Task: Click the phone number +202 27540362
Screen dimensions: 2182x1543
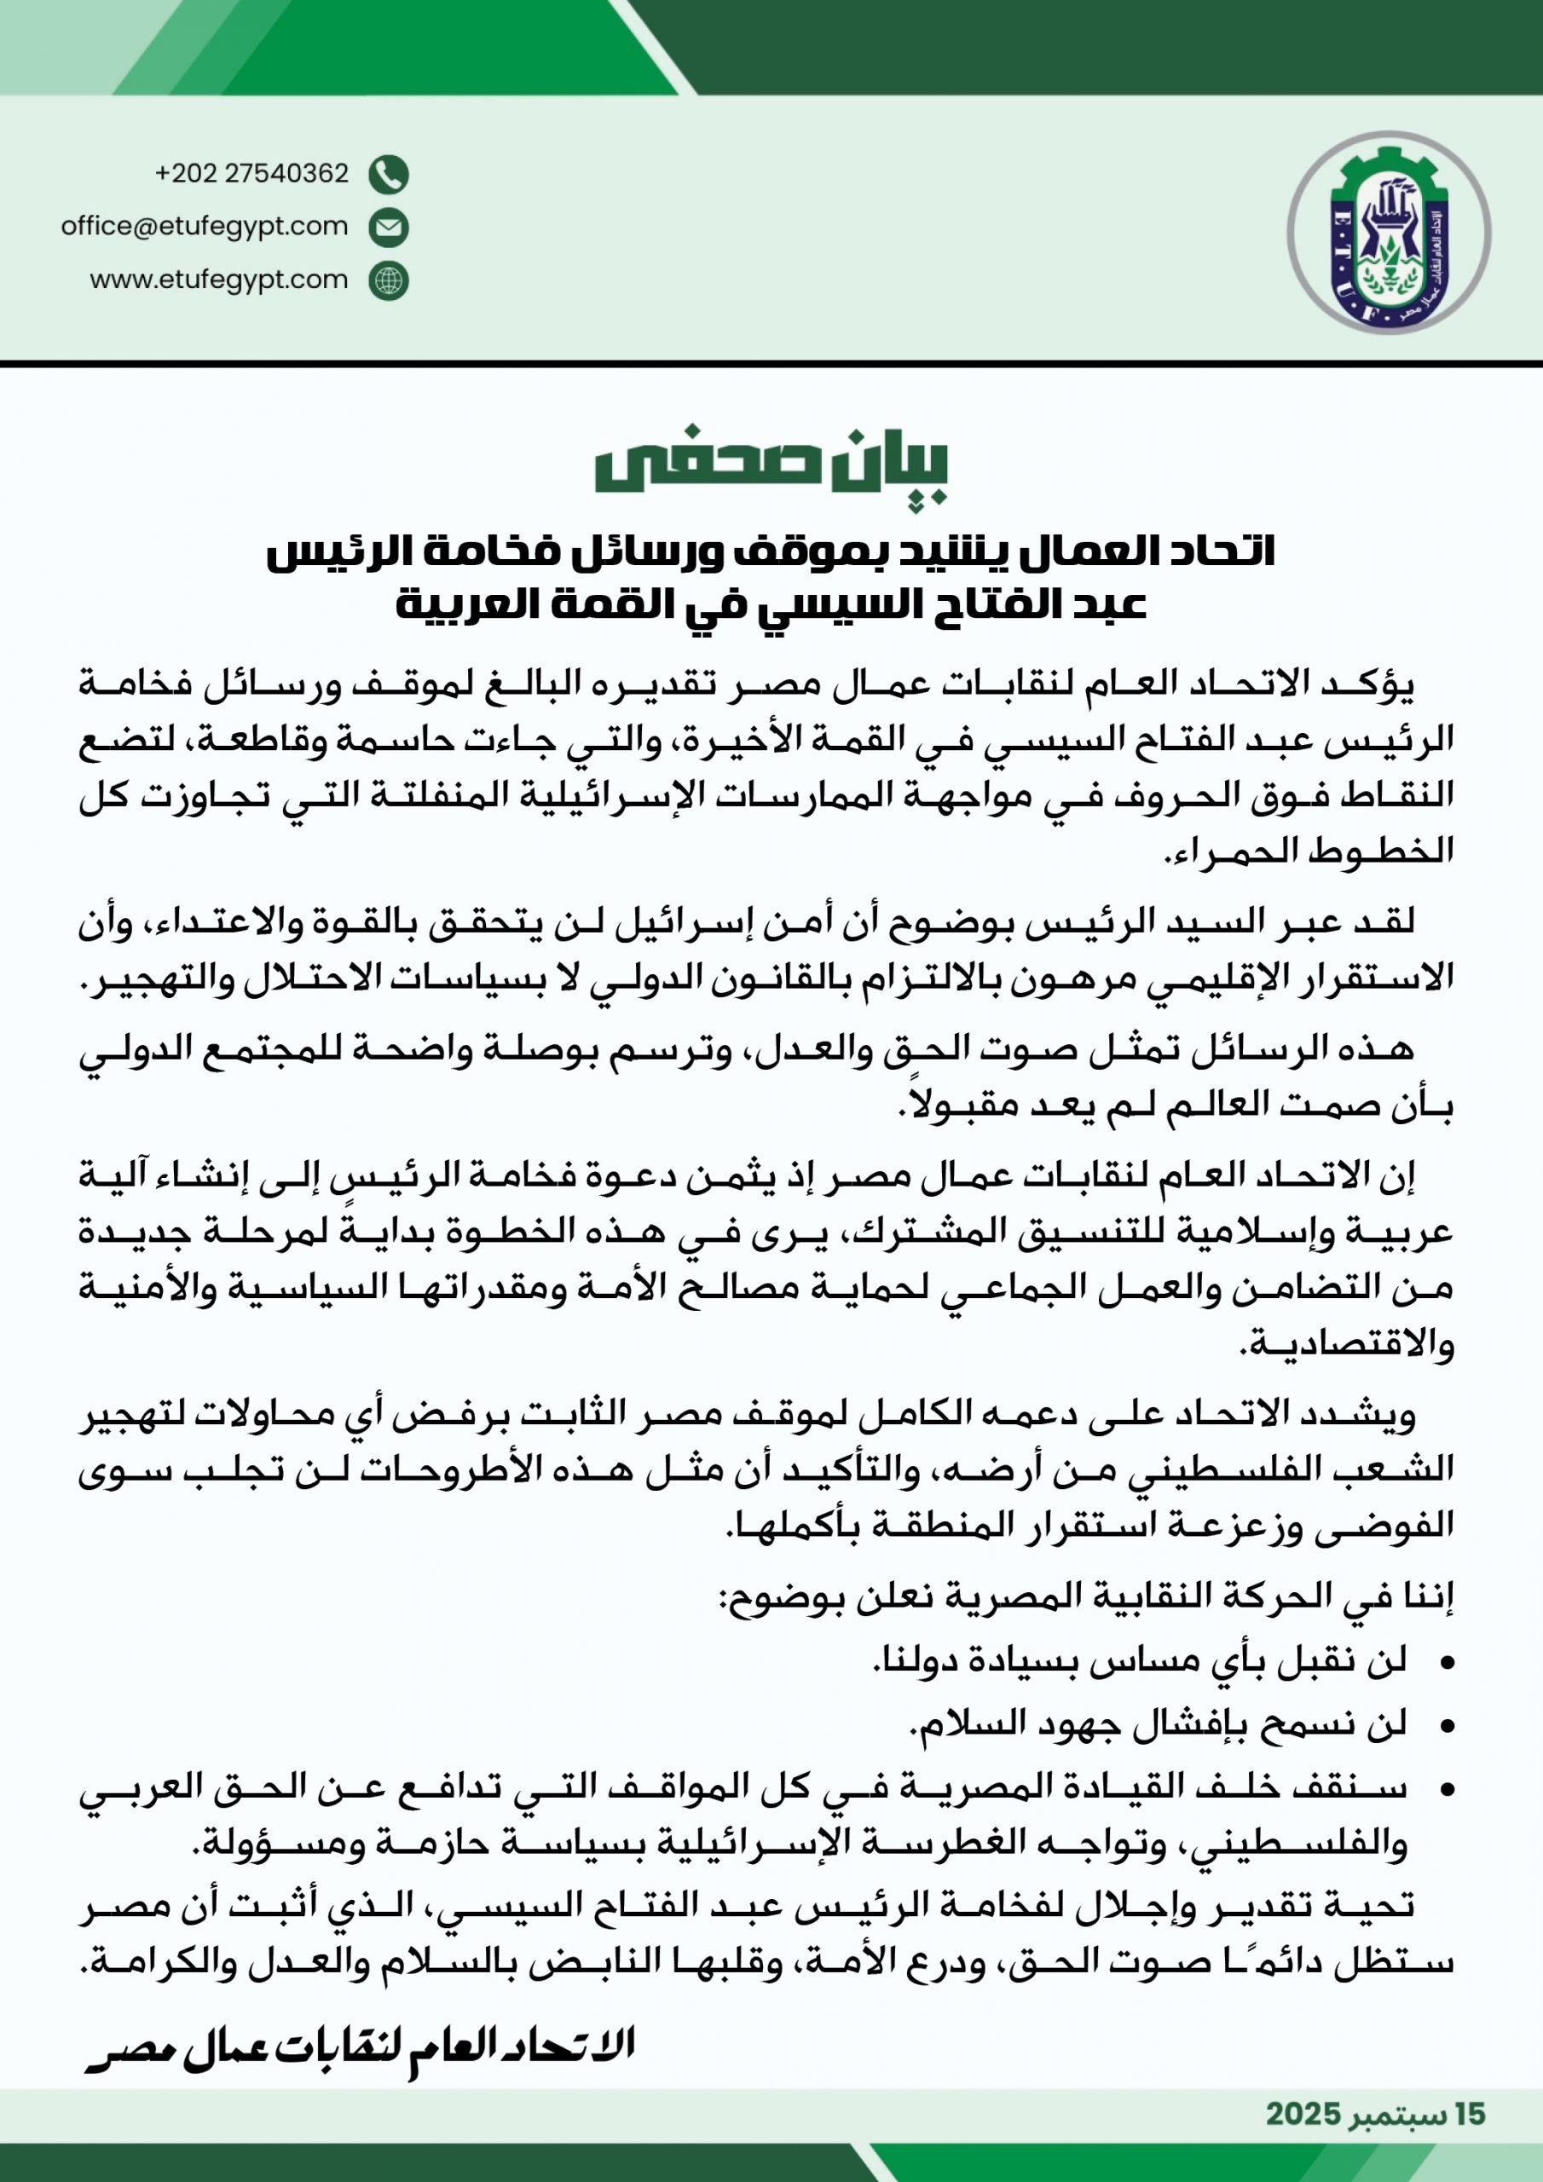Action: tap(252, 174)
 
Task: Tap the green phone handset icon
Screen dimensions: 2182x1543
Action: tap(388, 175)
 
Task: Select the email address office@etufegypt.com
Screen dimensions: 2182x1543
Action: tap(205, 226)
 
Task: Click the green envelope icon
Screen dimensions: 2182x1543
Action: tap(388, 227)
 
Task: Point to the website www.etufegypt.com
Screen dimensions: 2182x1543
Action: tap(219, 280)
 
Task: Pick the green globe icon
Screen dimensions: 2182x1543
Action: tap(388, 281)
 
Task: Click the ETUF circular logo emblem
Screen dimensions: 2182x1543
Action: tap(1388, 233)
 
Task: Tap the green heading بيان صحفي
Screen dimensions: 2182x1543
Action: tap(771, 468)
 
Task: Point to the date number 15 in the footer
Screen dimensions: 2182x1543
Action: tap(1470, 2115)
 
